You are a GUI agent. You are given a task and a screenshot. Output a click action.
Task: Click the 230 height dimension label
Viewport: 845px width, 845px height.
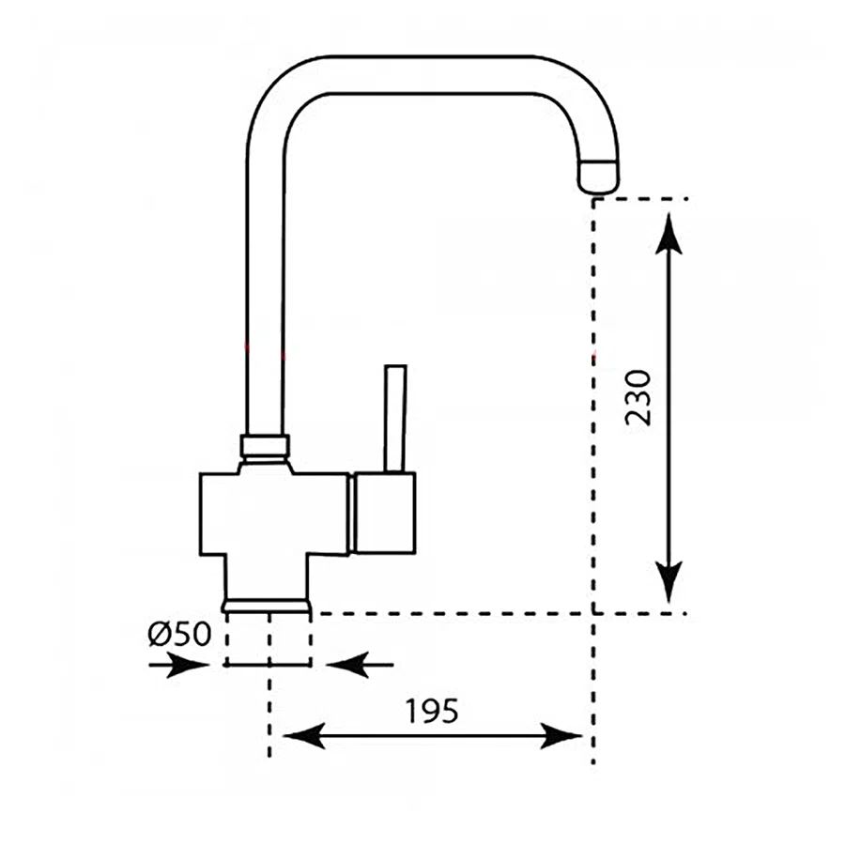point(638,397)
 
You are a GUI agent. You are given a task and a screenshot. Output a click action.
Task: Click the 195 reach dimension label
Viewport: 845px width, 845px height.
point(432,712)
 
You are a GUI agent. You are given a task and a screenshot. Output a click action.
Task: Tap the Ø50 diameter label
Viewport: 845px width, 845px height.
point(179,635)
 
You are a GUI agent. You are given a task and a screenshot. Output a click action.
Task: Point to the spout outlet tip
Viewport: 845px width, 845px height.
point(599,177)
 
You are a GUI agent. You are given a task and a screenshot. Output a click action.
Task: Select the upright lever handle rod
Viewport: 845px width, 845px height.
point(395,417)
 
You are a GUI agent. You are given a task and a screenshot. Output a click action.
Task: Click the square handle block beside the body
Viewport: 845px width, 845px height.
point(383,513)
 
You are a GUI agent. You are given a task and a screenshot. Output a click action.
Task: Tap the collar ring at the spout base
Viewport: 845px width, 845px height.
point(265,445)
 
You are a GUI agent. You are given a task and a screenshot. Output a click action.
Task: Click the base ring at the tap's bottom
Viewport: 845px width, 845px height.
point(267,605)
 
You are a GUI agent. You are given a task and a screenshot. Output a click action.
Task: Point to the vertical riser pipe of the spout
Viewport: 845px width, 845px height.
point(264,282)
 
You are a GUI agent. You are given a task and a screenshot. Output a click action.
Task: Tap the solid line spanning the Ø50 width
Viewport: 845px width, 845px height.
point(268,665)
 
